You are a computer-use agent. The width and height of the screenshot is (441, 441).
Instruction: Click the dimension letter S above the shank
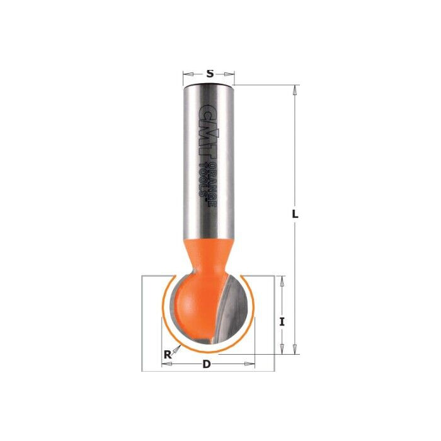coord(209,74)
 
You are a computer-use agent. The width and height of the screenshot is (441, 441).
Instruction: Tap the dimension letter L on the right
coord(294,214)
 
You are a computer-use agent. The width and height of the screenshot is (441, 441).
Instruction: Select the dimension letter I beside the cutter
coord(283,321)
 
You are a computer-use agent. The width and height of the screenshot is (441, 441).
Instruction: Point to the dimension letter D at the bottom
coord(206,364)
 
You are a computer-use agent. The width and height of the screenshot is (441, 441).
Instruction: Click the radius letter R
coord(168,355)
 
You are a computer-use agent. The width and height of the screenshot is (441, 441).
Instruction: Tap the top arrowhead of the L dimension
coord(294,90)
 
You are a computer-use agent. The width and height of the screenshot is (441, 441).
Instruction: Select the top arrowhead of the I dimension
coord(283,280)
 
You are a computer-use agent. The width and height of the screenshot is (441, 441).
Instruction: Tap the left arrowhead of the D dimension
coord(165,364)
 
